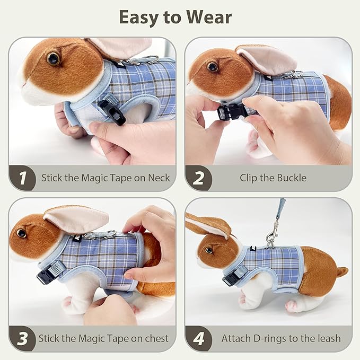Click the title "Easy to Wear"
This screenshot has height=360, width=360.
pyautogui.click(x=175, y=17)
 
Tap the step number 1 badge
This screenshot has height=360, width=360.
pyautogui.click(x=22, y=178)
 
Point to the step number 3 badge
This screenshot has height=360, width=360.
pyautogui.click(x=22, y=338)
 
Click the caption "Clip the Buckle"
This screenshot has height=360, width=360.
pyautogui.click(x=273, y=178)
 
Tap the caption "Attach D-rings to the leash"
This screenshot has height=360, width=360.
pyautogui.click(x=281, y=338)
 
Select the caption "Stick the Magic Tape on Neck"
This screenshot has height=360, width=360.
pyautogui.click(x=106, y=178)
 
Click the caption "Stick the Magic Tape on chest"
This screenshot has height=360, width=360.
pyautogui.click(x=103, y=338)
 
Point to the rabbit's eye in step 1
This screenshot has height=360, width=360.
pyautogui.click(x=53, y=58)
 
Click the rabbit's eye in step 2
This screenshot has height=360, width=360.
pyautogui.click(x=213, y=67)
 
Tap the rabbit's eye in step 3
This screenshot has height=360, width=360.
pyautogui.click(x=21, y=233)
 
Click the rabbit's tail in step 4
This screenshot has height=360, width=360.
pyautogui.click(x=341, y=272)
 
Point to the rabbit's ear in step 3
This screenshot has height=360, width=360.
pyautogui.click(x=77, y=218)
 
